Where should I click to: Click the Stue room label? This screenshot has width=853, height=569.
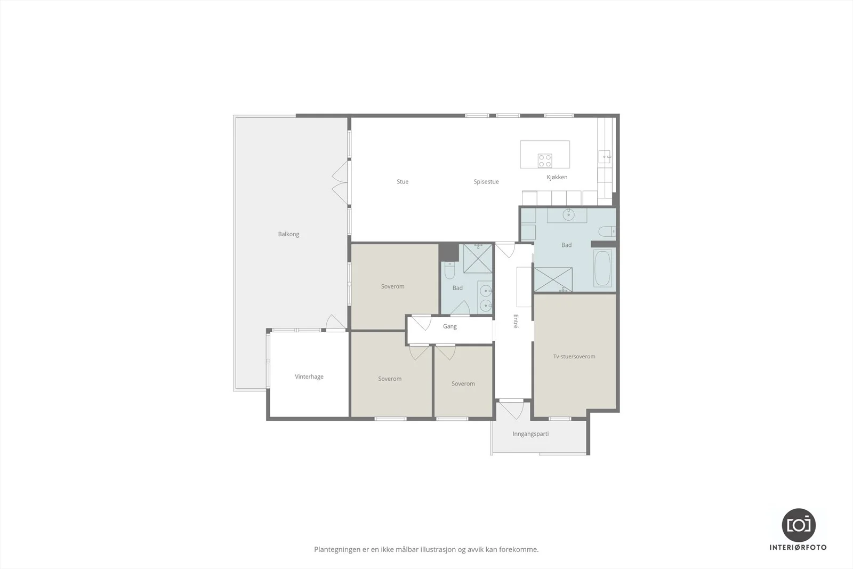[403, 182]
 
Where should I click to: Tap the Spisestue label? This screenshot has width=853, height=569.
[486, 182]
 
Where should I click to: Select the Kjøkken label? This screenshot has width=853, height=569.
[557, 177]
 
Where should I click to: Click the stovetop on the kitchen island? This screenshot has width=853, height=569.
[545, 161]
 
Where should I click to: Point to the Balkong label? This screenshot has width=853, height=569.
[288, 234]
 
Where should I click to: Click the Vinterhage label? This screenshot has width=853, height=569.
[309, 376]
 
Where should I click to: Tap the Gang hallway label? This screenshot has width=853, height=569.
[450, 326]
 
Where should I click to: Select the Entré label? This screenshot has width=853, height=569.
[516, 321]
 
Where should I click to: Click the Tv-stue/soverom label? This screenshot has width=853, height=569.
[574, 356]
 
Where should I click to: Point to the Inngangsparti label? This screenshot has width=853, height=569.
[530, 434]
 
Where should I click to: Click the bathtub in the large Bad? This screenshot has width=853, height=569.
[602, 268]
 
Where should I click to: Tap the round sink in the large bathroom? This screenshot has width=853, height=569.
[568, 215]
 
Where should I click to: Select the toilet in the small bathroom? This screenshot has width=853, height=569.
[450, 270]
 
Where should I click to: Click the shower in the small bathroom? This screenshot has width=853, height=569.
[478, 259]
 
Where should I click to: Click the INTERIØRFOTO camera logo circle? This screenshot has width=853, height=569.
[799, 525]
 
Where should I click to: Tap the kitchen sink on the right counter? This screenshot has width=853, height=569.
[605, 157]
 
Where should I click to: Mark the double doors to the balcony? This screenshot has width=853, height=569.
[340, 182]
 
